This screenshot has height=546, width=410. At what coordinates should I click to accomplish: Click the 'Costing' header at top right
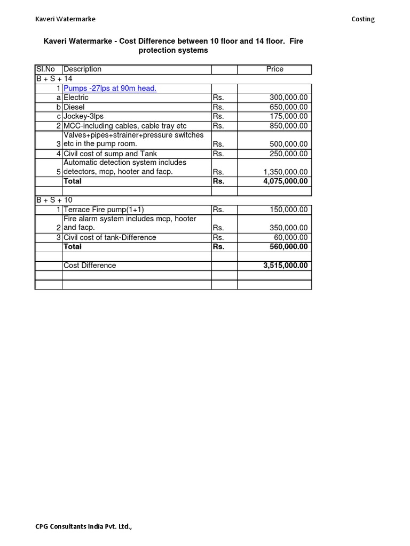point(362,19)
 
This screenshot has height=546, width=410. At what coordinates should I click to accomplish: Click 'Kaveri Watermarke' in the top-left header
point(65,19)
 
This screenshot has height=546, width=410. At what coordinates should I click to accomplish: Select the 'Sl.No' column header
point(45,69)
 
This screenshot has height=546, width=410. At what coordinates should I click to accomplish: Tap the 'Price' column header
point(274,69)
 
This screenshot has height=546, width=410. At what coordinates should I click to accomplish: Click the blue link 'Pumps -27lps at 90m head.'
point(109,89)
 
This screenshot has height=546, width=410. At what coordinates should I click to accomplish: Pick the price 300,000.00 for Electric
point(288,98)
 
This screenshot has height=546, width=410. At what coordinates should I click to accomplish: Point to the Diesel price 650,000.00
point(288,107)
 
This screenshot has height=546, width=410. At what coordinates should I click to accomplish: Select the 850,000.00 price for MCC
point(288,126)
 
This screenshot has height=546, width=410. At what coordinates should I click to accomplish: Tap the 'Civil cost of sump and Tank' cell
point(110,154)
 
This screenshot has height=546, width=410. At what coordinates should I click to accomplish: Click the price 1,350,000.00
point(285,172)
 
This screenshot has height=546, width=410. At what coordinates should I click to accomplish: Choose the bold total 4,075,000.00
point(285,181)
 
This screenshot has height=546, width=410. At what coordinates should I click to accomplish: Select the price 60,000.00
point(290,237)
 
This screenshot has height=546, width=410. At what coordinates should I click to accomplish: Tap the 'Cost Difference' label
point(90,266)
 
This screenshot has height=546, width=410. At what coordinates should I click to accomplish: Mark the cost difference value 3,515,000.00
point(285,266)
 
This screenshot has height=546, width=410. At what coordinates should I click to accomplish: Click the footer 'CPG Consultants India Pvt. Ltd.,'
point(83,527)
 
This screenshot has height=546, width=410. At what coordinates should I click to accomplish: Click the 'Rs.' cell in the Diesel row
point(218,107)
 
